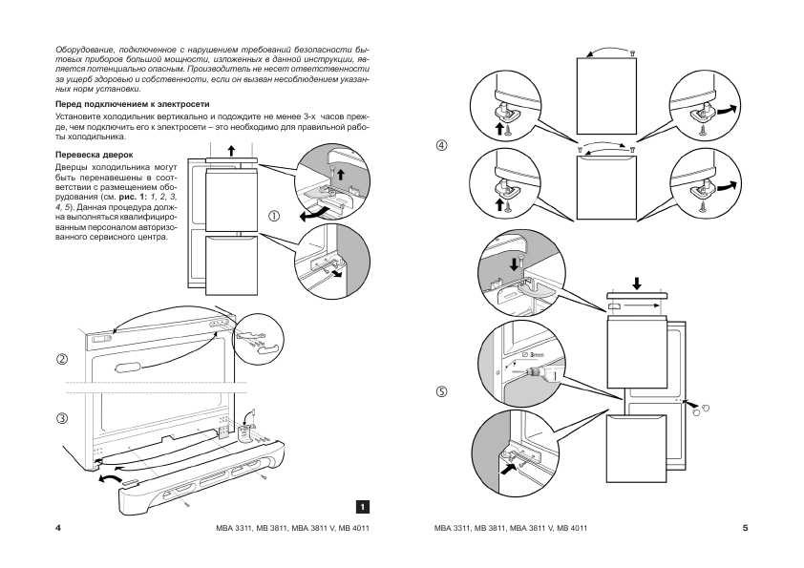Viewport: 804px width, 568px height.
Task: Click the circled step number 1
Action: point(274,216)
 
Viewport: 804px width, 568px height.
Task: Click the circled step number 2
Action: point(62,359)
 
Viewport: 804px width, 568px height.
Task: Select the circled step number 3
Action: point(62,418)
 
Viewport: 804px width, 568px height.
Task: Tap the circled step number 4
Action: point(441,146)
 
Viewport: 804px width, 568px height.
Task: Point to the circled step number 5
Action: point(441,390)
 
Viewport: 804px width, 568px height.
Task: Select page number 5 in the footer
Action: point(745,528)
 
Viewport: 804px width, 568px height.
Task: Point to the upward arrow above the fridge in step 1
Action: point(230,150)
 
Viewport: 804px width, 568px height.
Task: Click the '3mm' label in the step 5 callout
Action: point(535,353)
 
